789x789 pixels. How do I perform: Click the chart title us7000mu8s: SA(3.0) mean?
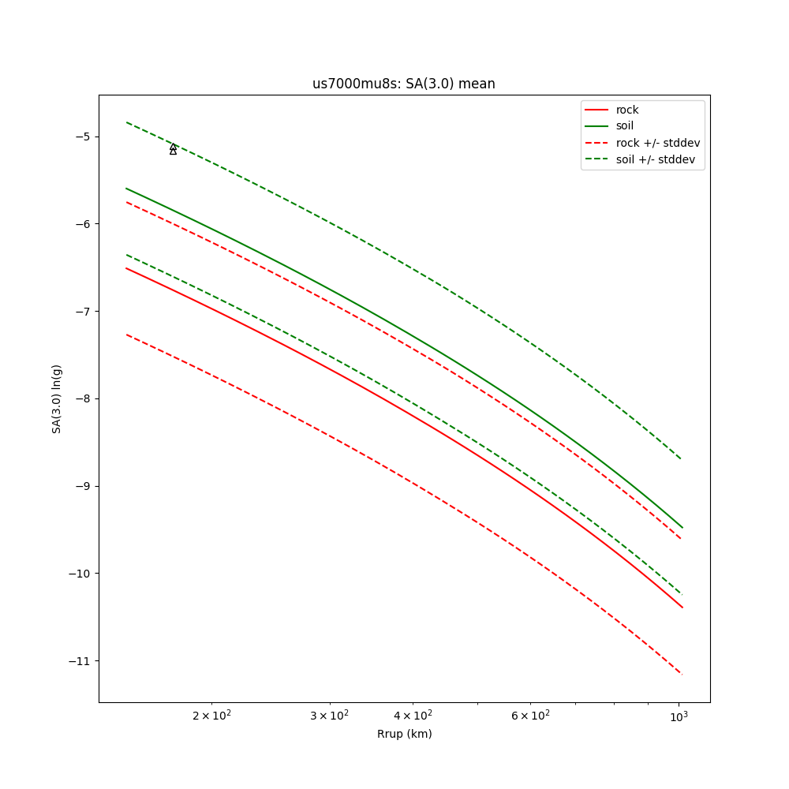tap(403, 84)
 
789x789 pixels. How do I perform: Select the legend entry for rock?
tap(627, 110)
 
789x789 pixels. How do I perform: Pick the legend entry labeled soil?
tap(624, 125)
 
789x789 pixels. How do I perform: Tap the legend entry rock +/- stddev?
tap(657, 143)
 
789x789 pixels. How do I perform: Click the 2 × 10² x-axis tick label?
tap(211, 716)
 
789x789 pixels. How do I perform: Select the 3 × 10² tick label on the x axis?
tap(329, 716)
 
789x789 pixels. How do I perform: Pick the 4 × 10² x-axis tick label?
tap(413, 716)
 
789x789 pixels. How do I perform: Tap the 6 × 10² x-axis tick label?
tap(530, 716)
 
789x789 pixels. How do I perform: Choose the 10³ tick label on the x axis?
tap(678, 716)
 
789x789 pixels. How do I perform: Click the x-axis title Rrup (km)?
tap(404, 734)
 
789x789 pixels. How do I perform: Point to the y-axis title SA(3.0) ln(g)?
tap(57, 398)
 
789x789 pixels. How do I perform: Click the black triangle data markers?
tap(173, 149)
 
